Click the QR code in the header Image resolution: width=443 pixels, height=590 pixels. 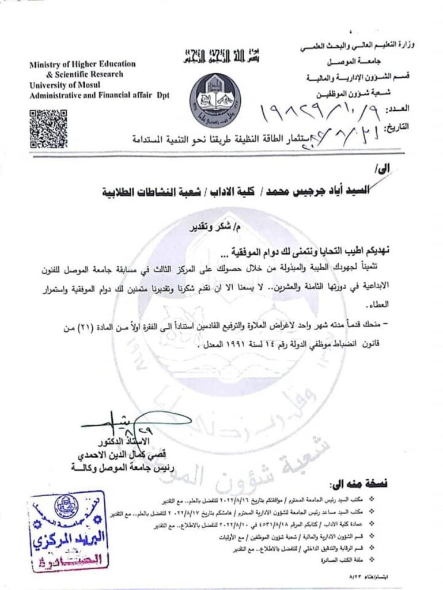coord(48,128)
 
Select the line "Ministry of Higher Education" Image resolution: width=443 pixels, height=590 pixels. coord(82,65)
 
